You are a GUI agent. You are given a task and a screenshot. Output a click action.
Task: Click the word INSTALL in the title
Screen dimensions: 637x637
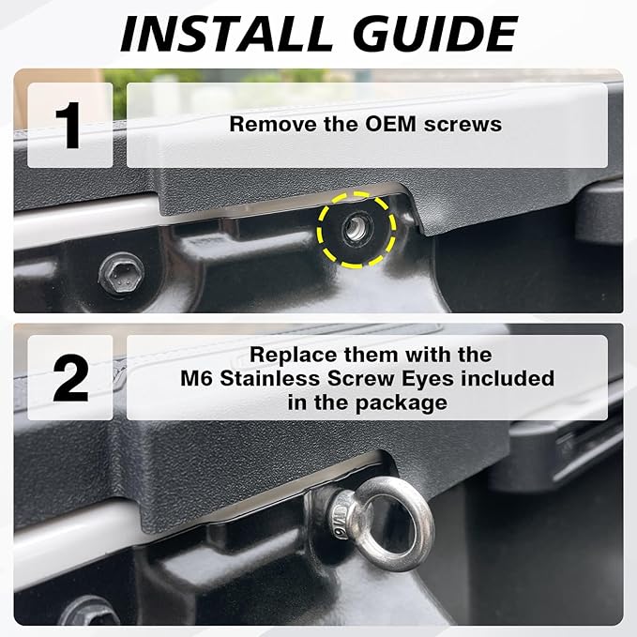(226, 34)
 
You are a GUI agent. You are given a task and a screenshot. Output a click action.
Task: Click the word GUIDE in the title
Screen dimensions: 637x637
(434, 34)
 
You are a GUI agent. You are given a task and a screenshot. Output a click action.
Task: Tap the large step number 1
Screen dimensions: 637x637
(68, 126)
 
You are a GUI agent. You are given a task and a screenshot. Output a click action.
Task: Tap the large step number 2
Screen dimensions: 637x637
(70, 378)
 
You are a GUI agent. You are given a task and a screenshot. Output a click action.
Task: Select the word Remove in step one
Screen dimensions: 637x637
(274, 124)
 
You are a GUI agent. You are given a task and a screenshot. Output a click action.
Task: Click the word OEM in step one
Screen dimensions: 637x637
(390, 124)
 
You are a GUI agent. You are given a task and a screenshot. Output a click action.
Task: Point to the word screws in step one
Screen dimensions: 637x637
(463, 125)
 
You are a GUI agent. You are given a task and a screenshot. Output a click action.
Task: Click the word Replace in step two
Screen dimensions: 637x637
(295, 356)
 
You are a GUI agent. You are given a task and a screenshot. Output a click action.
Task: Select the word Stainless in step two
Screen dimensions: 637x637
(270, 379)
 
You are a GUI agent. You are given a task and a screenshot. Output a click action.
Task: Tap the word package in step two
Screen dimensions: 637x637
(402, 403)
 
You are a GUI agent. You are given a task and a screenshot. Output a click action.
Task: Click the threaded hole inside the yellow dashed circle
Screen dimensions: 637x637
(356, 230)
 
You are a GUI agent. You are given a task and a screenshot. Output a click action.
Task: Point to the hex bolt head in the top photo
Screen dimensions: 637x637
(121, 275)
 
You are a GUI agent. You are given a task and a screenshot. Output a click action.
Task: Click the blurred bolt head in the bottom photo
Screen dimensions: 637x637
(87, 612)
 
